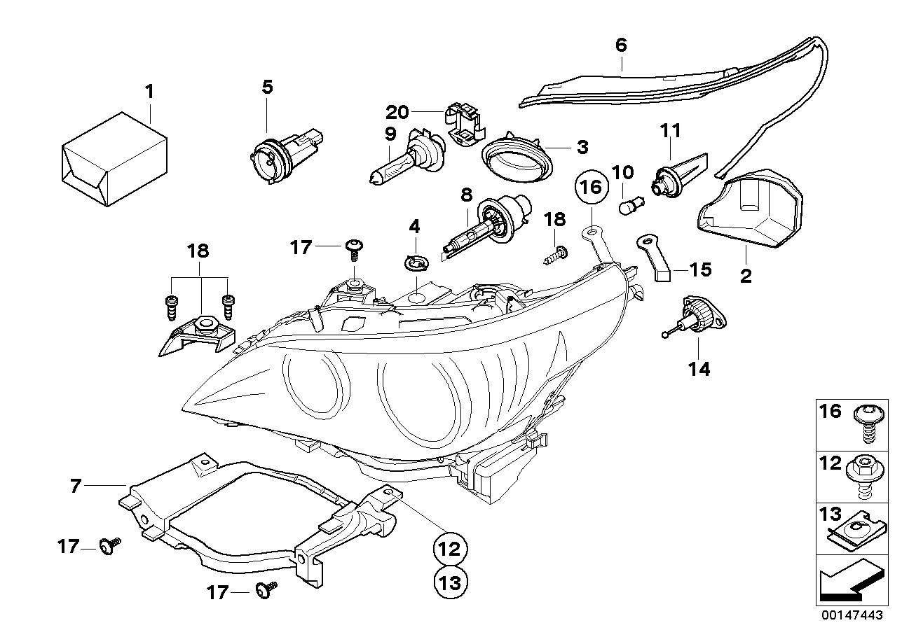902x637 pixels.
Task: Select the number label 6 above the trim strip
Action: click(621, 45)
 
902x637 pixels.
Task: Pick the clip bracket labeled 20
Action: click(465, 125)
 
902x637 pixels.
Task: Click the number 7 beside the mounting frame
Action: click(76, 484)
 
